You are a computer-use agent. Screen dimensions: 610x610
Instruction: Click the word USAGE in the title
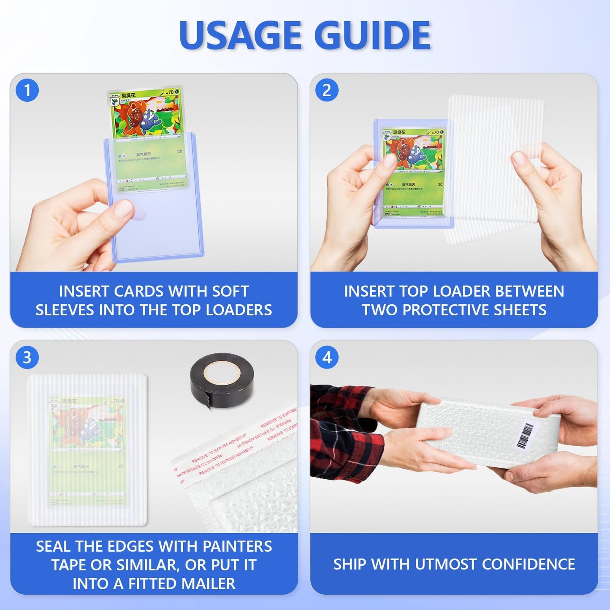(x=240, y=35)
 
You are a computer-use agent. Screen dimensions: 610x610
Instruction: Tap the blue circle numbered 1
(x=27, y=90)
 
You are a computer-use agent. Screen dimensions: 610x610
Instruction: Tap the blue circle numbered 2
(x=327, y=90)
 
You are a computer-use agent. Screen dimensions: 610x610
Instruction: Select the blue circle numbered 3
(x=27, y=358)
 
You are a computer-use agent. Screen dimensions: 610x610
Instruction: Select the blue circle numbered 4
(x=327, y=358)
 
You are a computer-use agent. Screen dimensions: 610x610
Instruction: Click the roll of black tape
(x=222, y=380)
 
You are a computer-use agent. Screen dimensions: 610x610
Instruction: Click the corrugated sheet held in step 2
(x=494, y=169)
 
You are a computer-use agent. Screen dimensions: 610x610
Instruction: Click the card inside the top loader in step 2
(x=413, y=173)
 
